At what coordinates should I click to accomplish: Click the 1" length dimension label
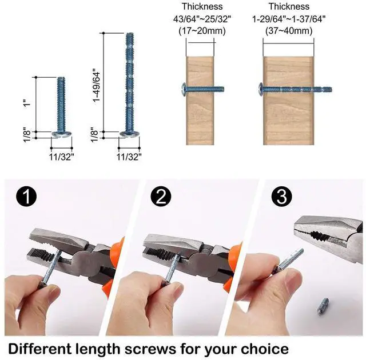click(28, 102)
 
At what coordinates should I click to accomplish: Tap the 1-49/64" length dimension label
click(97, 85)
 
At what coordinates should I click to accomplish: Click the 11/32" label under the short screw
click(61, 157)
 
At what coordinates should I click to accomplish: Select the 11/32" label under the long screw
click(129, 157)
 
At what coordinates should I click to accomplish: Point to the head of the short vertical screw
click(61, 134)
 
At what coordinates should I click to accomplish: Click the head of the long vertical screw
click(130, 134)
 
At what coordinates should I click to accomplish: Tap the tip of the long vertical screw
click(130, 34)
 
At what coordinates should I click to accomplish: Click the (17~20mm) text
click(202, 31)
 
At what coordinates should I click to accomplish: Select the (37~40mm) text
click(289, 31)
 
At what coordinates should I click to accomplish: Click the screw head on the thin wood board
click(184, 89)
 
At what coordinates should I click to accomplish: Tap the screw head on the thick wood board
click(261, 89)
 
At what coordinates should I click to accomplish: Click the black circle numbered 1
click(26, 197)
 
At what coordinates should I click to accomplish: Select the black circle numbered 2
click(161, 197)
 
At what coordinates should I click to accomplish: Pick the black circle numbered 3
click(281, 197)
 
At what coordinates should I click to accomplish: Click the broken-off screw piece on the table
click(323, 306)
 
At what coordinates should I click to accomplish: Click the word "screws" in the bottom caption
click(150, 349)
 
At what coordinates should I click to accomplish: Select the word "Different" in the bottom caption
click(40, 349)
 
